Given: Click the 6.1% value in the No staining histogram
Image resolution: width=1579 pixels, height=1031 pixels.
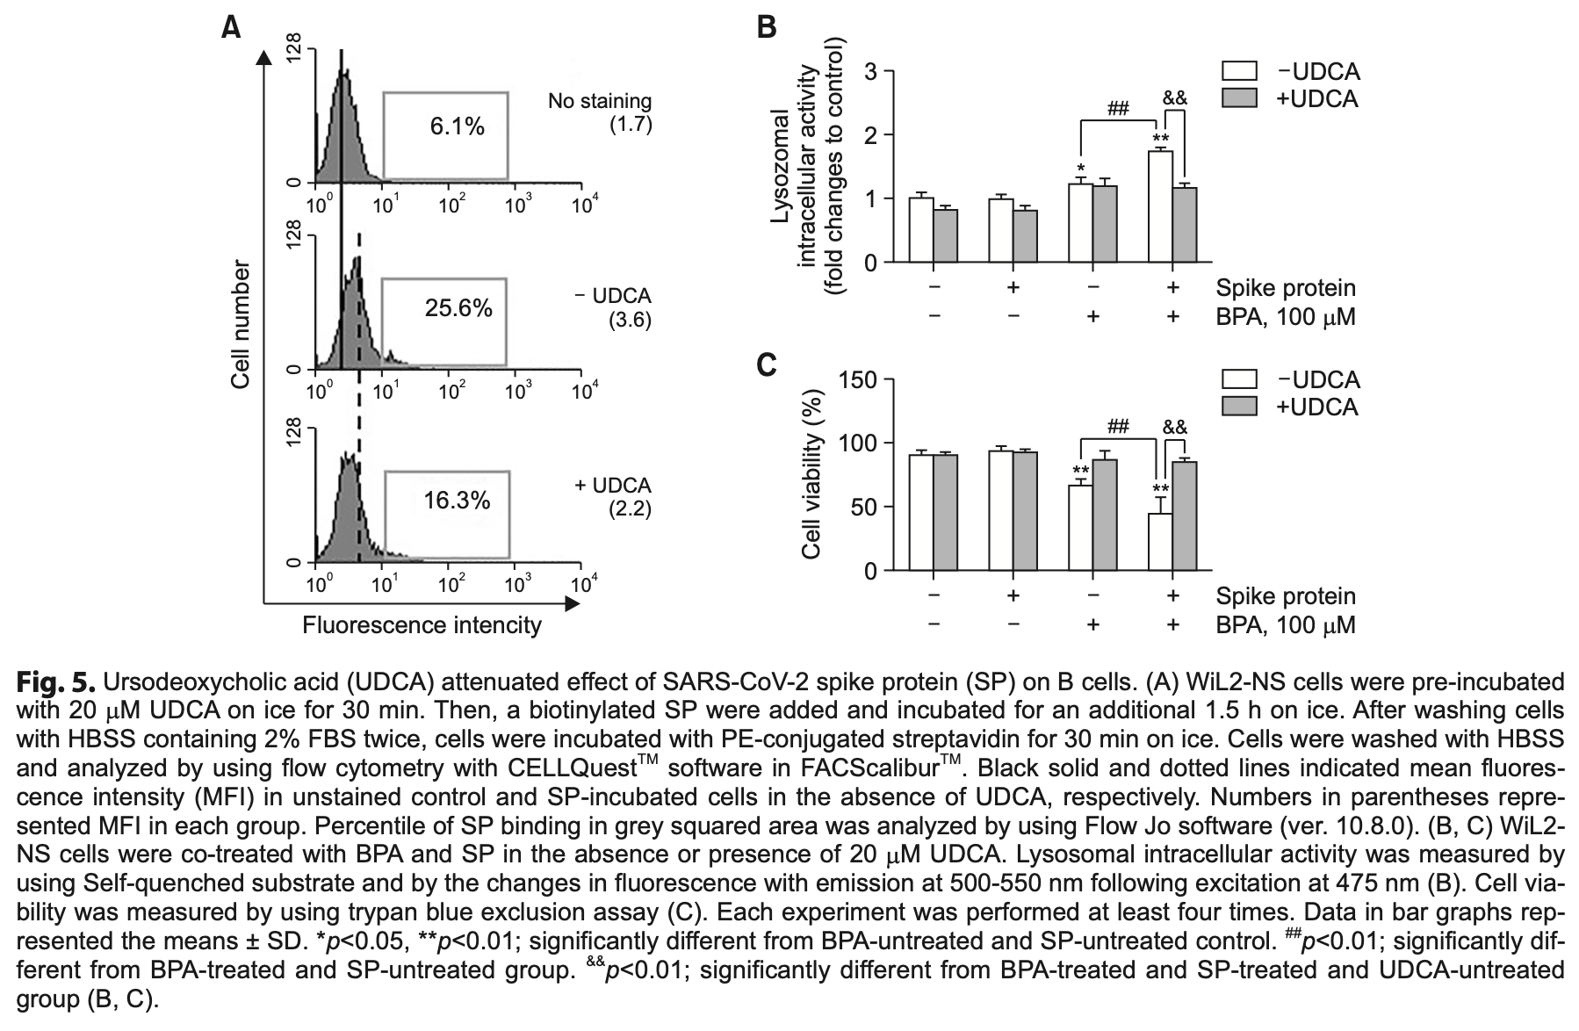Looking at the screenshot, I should point(457,126).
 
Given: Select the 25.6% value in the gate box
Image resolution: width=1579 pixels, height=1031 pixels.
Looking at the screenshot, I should point(458,308).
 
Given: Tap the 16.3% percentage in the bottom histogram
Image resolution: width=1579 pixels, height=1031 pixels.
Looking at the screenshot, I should point(457,501).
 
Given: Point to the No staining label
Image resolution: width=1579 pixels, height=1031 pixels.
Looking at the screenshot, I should point(600,102).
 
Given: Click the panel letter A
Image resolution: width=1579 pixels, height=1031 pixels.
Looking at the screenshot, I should point(231,29).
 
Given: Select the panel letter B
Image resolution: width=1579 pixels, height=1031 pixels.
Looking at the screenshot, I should point(766,28).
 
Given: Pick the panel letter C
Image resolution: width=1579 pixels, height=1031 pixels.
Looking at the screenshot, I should point(766,364).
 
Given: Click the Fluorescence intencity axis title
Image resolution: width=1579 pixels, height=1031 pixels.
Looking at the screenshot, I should point(422,625).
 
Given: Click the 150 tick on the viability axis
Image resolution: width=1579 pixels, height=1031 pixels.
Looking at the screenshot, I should point(859,379).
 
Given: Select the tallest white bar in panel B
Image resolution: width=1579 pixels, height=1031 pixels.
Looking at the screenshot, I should point(1161,206).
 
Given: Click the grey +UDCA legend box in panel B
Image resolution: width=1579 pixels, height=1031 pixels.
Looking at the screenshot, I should point(1239,98).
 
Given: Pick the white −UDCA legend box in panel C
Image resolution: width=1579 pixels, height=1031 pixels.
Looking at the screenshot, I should point(1239,379).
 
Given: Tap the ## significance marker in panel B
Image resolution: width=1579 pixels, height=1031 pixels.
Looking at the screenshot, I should point(1118,109).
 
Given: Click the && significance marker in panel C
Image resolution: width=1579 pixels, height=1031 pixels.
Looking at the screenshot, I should point(1174,428).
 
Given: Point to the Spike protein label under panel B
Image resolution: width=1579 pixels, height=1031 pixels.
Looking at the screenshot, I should point(1286,287).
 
